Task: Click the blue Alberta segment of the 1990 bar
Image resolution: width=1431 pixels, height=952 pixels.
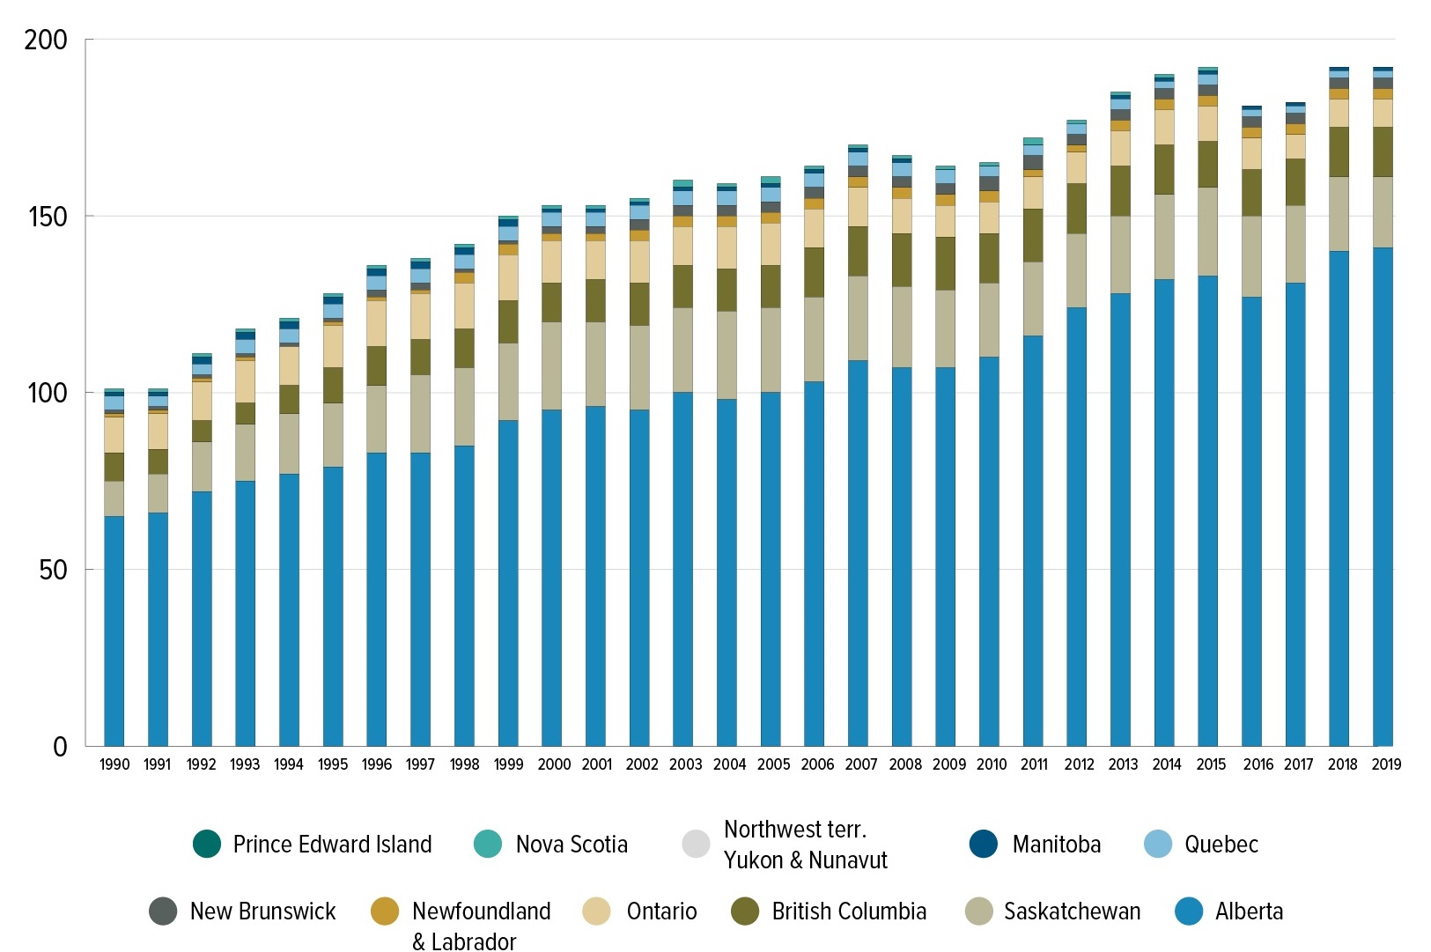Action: click(x=114, y=631)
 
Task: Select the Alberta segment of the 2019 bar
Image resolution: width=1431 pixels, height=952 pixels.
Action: click(x=1383, y=497)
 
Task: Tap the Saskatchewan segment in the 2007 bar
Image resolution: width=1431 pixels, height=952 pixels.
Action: click(x=858, y=318)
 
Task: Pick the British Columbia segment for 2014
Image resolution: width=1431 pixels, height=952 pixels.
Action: click(x=1164, y=169)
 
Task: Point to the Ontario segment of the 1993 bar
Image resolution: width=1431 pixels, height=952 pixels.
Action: click(x=245, y=381)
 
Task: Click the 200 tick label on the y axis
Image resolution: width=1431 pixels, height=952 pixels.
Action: click(x=46, y=40)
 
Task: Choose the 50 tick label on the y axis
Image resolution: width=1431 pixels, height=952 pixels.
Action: click(x=53, y=570)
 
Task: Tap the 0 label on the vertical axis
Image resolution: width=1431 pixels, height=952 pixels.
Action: click(x=60, y=747)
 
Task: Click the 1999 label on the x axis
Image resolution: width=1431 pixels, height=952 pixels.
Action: click(x=508, y=764)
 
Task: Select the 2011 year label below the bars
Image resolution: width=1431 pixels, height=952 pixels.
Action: click(x=1034, y=764)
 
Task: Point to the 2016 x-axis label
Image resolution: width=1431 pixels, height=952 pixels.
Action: click(x=1258, y=764)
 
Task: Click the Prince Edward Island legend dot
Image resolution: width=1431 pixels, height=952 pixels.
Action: click(x=207, y=844)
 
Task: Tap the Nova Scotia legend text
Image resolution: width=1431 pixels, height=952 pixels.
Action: click(x=572, y=845)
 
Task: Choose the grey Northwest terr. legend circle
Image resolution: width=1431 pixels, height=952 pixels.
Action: click(x=696, y=844)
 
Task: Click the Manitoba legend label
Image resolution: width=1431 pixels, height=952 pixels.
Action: click(x=1056, y=845)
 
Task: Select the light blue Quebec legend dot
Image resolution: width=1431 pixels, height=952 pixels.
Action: click(x=1158, y=844)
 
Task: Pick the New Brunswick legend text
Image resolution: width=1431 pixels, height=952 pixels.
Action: click(x=262, y=911)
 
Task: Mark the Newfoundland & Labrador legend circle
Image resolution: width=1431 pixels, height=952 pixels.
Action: click(x=385, y=911)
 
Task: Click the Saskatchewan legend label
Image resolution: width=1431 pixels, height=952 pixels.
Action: click(x=1072, y=911)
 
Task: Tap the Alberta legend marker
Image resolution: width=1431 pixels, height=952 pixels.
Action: click(x=1189, y=911)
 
